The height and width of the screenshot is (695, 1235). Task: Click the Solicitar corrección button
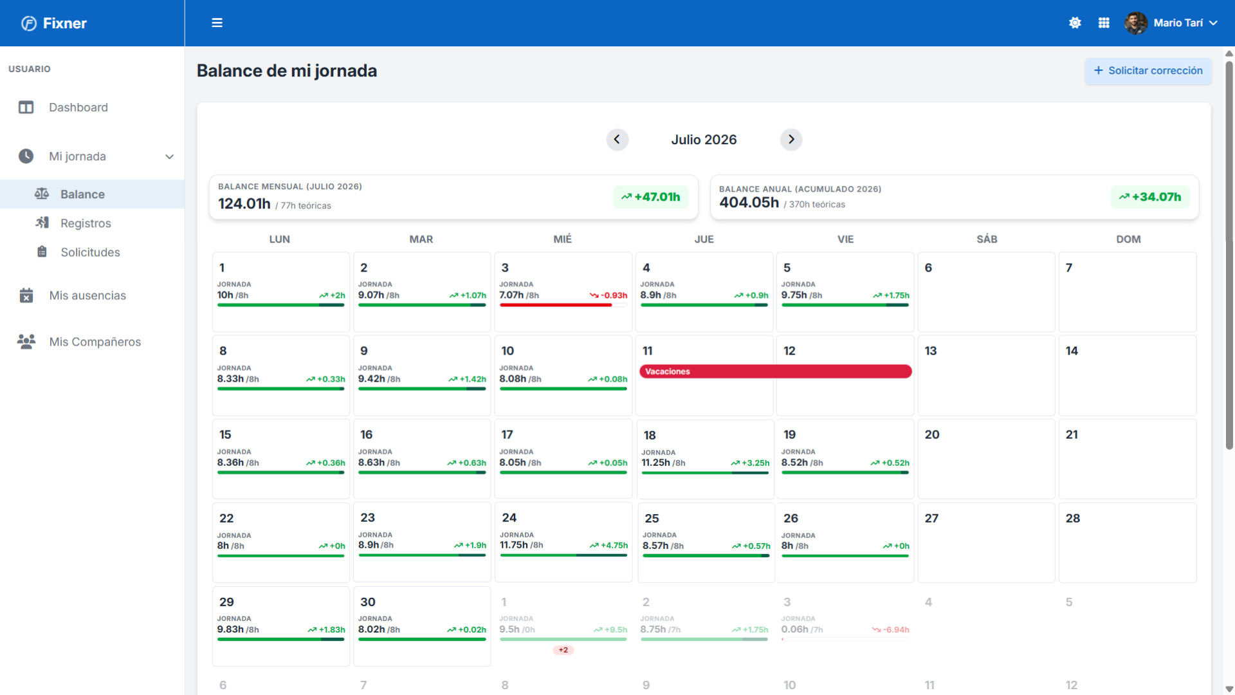click(1148, 71)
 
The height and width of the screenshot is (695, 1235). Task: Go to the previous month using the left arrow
click(617, 140)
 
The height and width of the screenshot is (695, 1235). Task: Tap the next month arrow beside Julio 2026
click(791, 140)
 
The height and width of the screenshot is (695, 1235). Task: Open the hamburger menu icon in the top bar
click(217, 23)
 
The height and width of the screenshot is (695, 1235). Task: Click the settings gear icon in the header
click(1075, 23)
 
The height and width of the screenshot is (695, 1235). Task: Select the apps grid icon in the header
click(1104, 23)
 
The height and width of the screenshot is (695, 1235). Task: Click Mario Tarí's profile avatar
click(1136, 23)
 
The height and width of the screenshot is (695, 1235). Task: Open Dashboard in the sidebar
click(78, 107)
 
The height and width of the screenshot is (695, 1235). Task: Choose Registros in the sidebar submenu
click(86, 223)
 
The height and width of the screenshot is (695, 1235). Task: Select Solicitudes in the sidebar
click(90, 252)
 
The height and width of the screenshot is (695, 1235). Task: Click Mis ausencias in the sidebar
click(87, 295)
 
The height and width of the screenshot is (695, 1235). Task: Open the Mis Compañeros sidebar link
click(95, 342)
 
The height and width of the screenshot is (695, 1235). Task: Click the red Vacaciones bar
click(775, 371)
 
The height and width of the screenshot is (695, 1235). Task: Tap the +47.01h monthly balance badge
click(650, 197)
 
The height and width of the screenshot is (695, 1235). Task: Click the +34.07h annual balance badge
click(1150, 197)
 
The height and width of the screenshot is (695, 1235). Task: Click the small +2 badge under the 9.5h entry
click(563, 650)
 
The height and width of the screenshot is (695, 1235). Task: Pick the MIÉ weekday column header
click(563, 239)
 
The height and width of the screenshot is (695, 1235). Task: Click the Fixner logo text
click(65, 23)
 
